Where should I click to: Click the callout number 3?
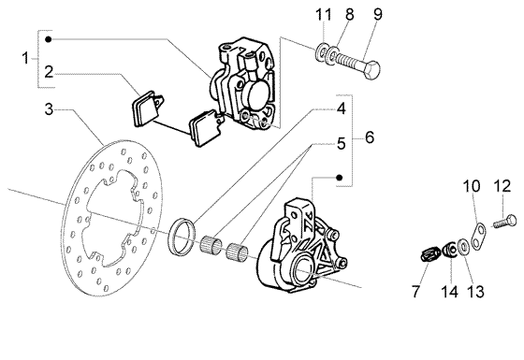(x=49, y=109)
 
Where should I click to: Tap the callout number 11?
(x=324, y=15)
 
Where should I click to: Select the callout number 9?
(x=378, y=14)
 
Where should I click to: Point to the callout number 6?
(x=370, y=137)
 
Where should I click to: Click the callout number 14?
(x=449, y=292)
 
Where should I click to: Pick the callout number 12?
(x=502, y=186)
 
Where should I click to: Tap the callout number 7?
(x=415, y=292)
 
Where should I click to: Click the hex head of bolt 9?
(x=371, y=71)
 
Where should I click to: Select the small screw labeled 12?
(x=504, y=222)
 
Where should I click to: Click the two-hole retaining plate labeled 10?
(x=479, y=237)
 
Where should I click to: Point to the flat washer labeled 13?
(x=462, y=248)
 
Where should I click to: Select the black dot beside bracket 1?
(x=49, y=39)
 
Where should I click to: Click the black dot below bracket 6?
(x=339, y=178)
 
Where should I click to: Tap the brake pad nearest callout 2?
(x=145, y=108)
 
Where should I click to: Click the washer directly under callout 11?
(x=322, y=53)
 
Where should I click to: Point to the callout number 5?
(x=341, y=144)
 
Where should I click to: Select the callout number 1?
(x=25, y=58)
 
